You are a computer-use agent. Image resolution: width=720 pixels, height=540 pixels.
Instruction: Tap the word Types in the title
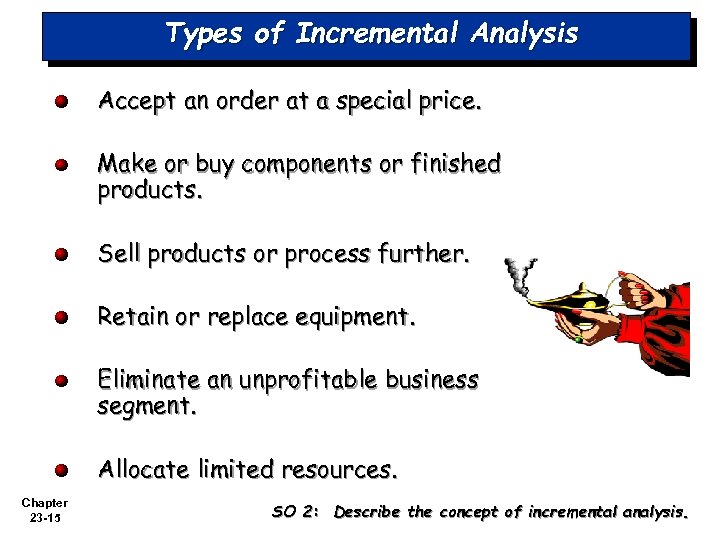coord(204,34)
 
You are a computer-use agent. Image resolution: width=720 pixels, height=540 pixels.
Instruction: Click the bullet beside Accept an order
coord(61,101)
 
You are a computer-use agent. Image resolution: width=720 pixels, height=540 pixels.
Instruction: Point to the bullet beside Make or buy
coord(61,165)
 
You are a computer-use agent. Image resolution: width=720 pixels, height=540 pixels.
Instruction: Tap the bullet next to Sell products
coord(61,255)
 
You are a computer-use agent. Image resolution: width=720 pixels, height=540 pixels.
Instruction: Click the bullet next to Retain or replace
coord(61,318)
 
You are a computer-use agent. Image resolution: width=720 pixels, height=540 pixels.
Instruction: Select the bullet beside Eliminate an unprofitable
coord(61,381)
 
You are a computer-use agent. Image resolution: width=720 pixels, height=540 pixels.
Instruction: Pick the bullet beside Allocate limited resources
coord(61,469)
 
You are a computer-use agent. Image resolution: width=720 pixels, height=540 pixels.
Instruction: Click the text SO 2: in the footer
coord(295,513)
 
